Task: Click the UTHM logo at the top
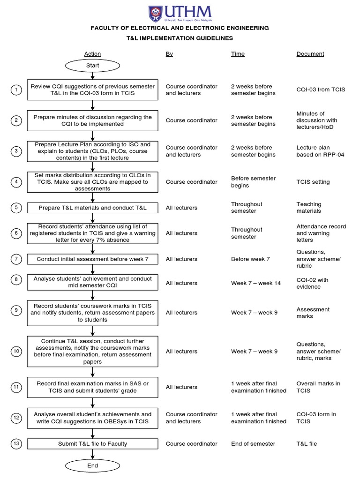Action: click(x=180, y=14)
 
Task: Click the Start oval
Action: click(x=92, y=66)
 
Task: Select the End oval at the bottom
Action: click(x=92, y=465)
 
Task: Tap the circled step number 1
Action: click(x=16, y=90)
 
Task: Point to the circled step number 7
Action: click(x=16, y=259)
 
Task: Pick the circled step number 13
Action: click(x=16, y=443)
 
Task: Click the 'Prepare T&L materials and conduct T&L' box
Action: click(x=92, y=208)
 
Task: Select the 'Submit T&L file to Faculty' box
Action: click(x=92, y=443)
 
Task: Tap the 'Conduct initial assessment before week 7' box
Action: click(x=92, y=259)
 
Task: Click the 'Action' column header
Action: click(x=92, y=54)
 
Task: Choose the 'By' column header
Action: click(x=169, y=54)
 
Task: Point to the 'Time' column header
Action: click(x=238, y=54)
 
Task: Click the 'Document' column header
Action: click(x=310, y=54)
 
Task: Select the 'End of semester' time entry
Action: click(x=253, y=443)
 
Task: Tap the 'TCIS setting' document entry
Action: click(x=313, y=182)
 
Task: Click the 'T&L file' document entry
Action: click(x=307, y=443)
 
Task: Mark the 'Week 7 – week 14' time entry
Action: click(x=256, y=283)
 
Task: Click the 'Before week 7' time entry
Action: click(x=250, y=259)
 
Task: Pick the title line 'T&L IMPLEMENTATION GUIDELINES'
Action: click(x=180, y=38)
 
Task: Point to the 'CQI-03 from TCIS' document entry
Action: click(x=321, y=90)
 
